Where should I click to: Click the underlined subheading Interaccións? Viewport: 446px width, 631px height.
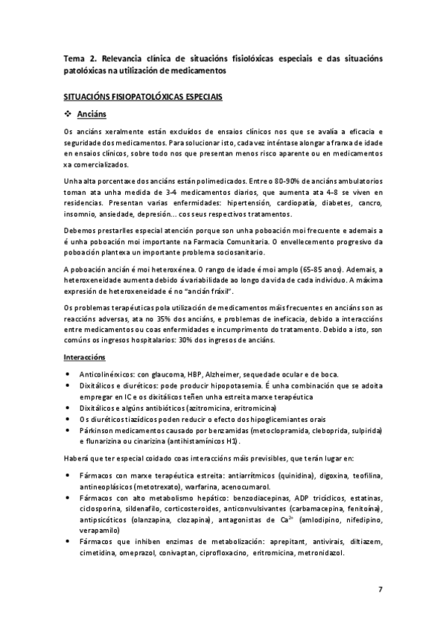[x=84, y=357]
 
